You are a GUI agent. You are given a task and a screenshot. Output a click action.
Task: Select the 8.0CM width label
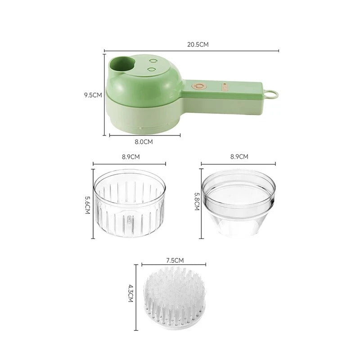coord(144,142)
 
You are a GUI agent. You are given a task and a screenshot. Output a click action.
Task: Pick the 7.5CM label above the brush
coord(175,260)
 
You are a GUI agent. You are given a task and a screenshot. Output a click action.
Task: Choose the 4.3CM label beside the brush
coord(131,295)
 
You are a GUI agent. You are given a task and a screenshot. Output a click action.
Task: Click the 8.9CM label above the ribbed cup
coord(130,157)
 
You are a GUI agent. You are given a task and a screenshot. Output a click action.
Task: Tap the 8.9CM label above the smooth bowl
coord(238,157)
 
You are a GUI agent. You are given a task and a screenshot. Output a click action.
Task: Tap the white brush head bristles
coord(175,292)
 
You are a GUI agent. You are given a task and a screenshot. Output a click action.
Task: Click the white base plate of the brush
coord(175,320)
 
